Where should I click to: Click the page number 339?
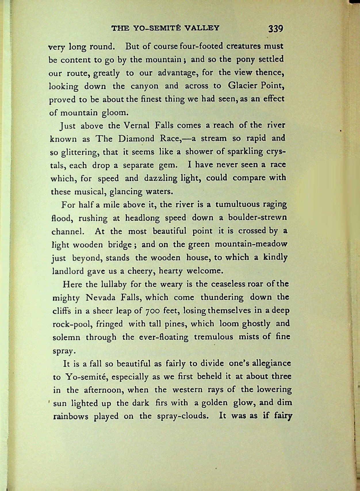(x=275, y=28)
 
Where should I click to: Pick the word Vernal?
(x=136, y=126)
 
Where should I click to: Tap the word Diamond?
(x=136, y=139)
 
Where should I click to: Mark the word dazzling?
(x=161, y=179)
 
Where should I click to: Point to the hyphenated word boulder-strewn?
(x=257, y=218)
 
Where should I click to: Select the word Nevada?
(x=100, y=298)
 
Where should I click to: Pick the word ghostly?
(x=256, y=324)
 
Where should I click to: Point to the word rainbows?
(x=71, y=417)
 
